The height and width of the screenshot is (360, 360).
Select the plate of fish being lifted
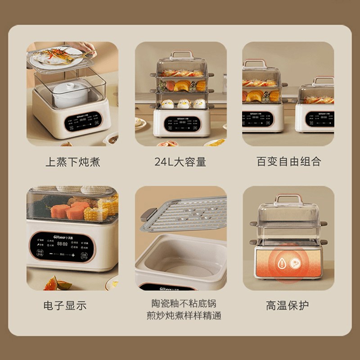pos(61,58)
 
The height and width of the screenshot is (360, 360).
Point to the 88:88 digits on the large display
pos(62,244)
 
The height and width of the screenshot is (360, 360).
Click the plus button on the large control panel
pos(72,255)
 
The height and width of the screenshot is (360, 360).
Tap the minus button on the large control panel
pos(51,254)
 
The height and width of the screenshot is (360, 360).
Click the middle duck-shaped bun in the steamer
pos(183,104)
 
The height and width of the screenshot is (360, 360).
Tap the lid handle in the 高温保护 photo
pos(288,198)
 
